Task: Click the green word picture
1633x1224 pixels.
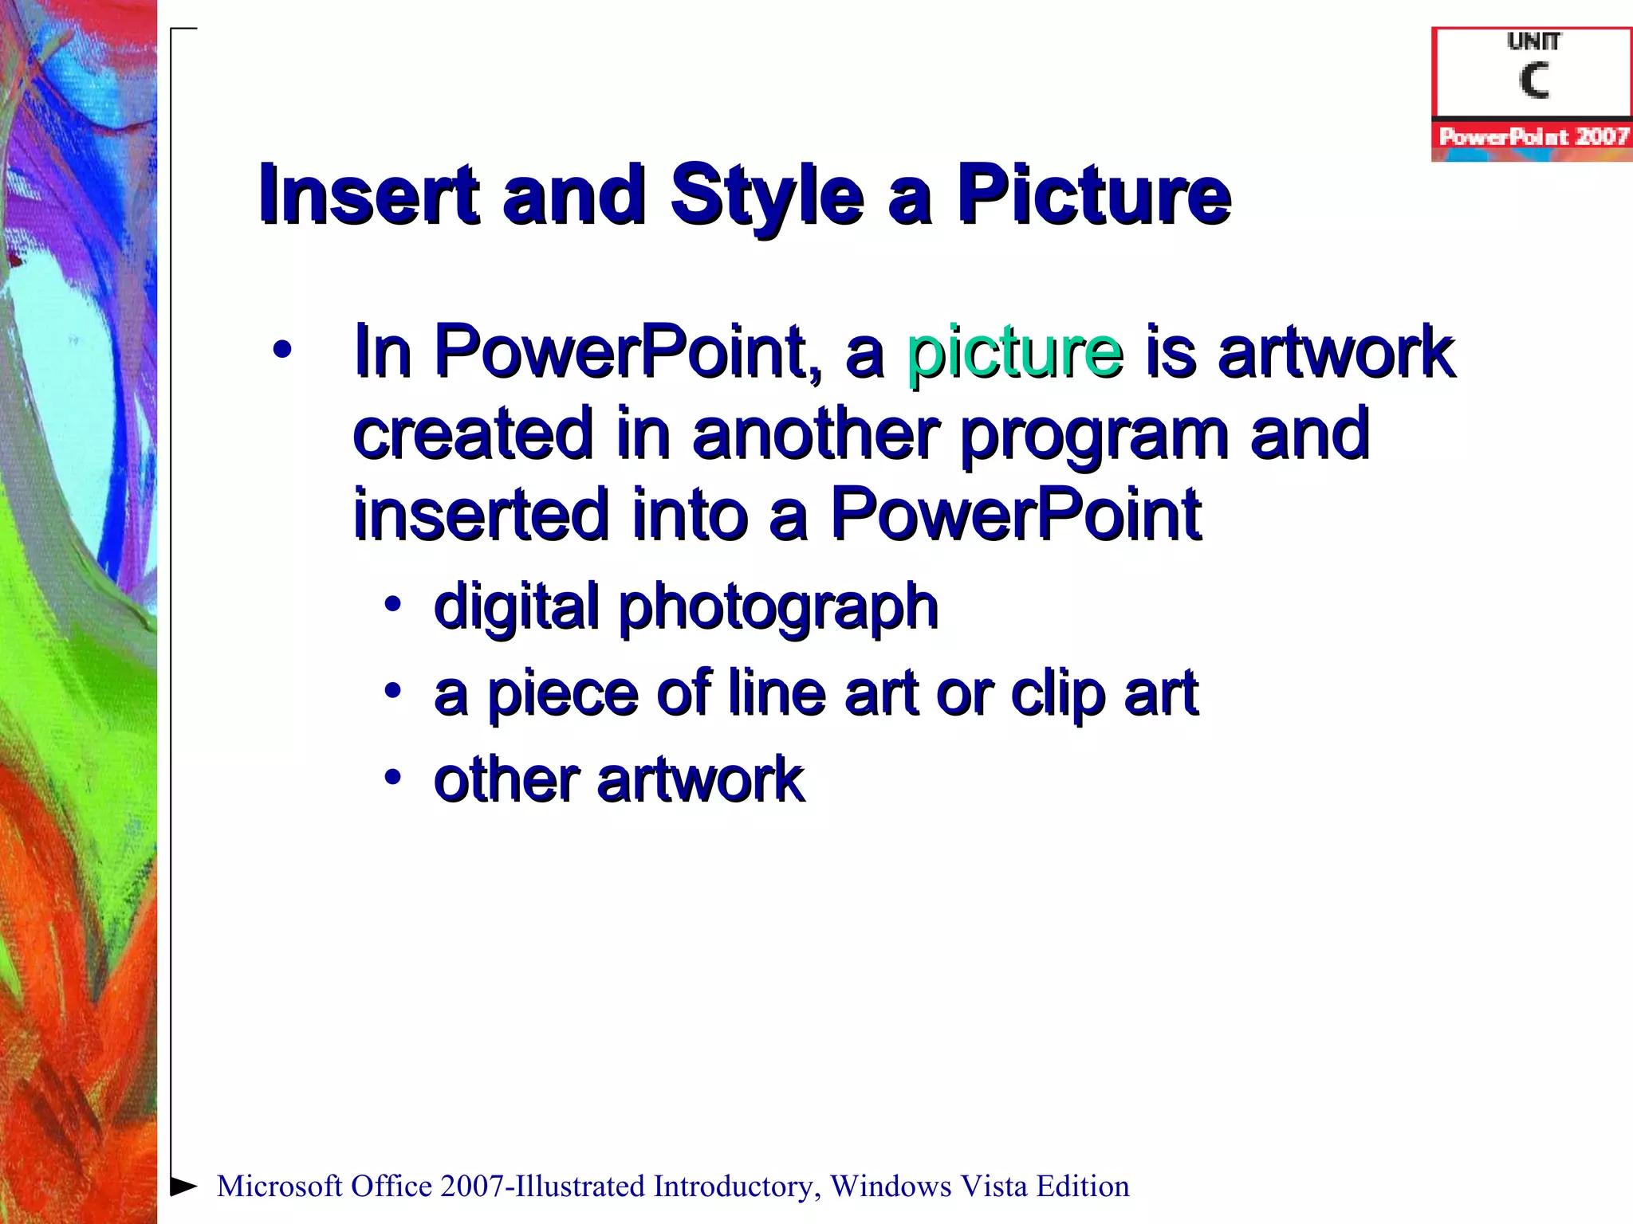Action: pyautogui.click(x=1014, y=352)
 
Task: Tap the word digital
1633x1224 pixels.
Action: pyautogui.click(x=516, y=607)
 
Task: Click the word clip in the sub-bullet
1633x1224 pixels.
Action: pyautogui.click(x=1057, y=694)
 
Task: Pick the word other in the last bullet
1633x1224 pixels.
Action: pyautogui.click(x=505, y=779)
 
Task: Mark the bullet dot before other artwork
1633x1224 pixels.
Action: pyautogui.click(x=392, y=776)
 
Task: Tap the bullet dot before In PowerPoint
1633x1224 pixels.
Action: pyautogui.click(x=281, y=350)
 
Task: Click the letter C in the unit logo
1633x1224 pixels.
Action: pyautogui.click(x=1533, y=80)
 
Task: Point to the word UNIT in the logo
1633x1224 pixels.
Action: pyautogui.click(x=1533, y=41)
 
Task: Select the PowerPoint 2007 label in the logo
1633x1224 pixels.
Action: pyautogui.click(x=1533, y=136)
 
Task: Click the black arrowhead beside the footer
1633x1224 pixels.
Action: pyautogui.click(x=184, y=1186)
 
